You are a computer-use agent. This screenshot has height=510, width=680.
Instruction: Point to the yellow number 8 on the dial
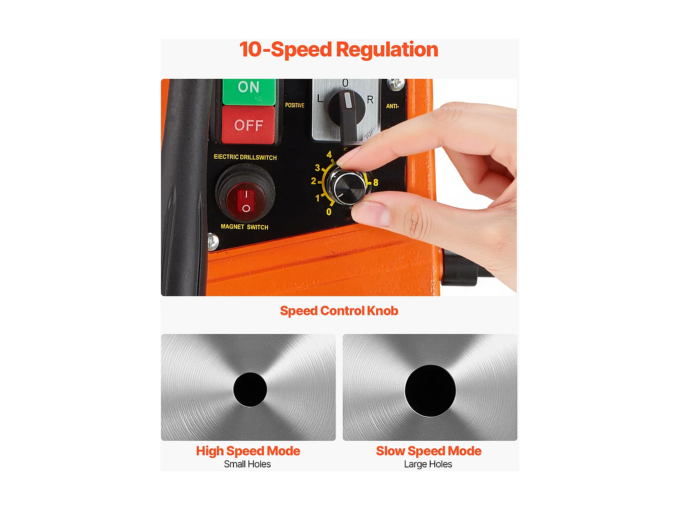[x=376, y=183]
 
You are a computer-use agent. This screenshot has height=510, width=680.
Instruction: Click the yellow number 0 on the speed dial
[x=329, y=212]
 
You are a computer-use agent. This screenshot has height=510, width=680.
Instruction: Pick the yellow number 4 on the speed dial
[x=329, y=155]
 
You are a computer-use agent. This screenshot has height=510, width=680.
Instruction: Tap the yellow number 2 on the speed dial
[x=313, y=181]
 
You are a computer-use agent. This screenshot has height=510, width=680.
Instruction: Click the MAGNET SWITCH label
[x=244, y=227]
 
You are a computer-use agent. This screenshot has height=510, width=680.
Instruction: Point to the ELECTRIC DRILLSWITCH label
[x=245, y=157]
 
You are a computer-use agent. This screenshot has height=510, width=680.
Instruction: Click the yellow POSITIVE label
[x=295, y=105]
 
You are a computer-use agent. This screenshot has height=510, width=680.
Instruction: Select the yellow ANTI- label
[x=392, y=106]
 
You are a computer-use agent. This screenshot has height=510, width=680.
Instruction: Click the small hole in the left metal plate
[x=250, y=389]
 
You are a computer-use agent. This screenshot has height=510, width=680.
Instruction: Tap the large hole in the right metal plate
[x=430, y=391]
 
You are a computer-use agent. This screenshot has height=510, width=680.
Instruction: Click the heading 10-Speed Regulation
[x=339, y=49]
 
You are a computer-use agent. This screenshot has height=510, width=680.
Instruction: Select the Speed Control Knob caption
[x=339, y=311]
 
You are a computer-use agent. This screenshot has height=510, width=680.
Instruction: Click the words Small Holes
[x=247, y=464]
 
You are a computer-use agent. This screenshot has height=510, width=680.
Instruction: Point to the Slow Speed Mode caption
[x=428, y=451]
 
